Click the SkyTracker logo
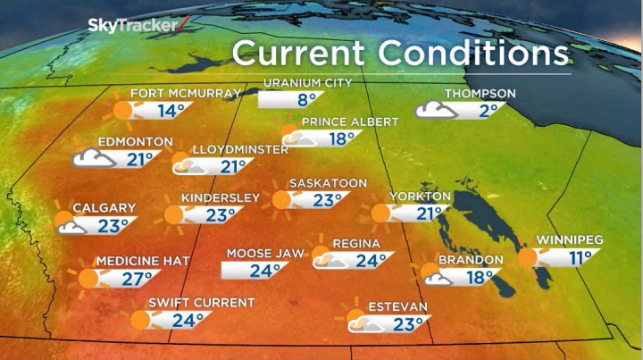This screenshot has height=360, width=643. (x=134, y=25)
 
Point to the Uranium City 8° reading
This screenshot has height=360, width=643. (x=308, y=100)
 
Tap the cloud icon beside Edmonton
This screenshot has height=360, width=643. (x=94, y=158)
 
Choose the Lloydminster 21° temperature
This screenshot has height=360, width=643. (x=234, y=167)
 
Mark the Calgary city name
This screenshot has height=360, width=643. (x=104, y=208)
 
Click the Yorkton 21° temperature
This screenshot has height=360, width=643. (x=430, y=213)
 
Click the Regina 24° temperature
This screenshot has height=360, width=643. (x=367, y=261)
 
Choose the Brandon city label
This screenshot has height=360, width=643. (x=470, y=260)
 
